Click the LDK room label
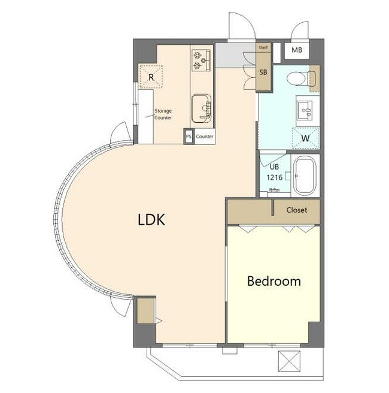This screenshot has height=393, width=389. [x=151, y=219]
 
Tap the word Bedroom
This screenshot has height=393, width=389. [x=274, y=281]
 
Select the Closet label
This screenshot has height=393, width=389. [x=297, y=210]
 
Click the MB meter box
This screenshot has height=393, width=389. [x=297, y=50]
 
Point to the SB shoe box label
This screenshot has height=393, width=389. [x=263, y=72]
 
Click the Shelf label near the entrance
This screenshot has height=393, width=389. [x=263, y=47]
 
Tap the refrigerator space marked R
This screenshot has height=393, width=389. [x=151, y=77]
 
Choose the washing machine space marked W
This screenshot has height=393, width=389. [x=306, y=138]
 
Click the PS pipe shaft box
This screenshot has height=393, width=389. [x=189, y=137]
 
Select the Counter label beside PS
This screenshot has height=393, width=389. [x=205, y=137]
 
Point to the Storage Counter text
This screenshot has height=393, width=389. [x=163, y=114]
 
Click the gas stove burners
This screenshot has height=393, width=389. [x=201, y=60]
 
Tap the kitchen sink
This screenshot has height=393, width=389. [x=201, y=108]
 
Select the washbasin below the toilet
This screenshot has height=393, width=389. [x=304, y=110]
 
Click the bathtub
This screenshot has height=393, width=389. [x=305, y=176]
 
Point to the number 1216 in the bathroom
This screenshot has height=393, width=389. [x=274, y=178]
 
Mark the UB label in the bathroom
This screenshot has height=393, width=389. [x=274, y=167]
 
